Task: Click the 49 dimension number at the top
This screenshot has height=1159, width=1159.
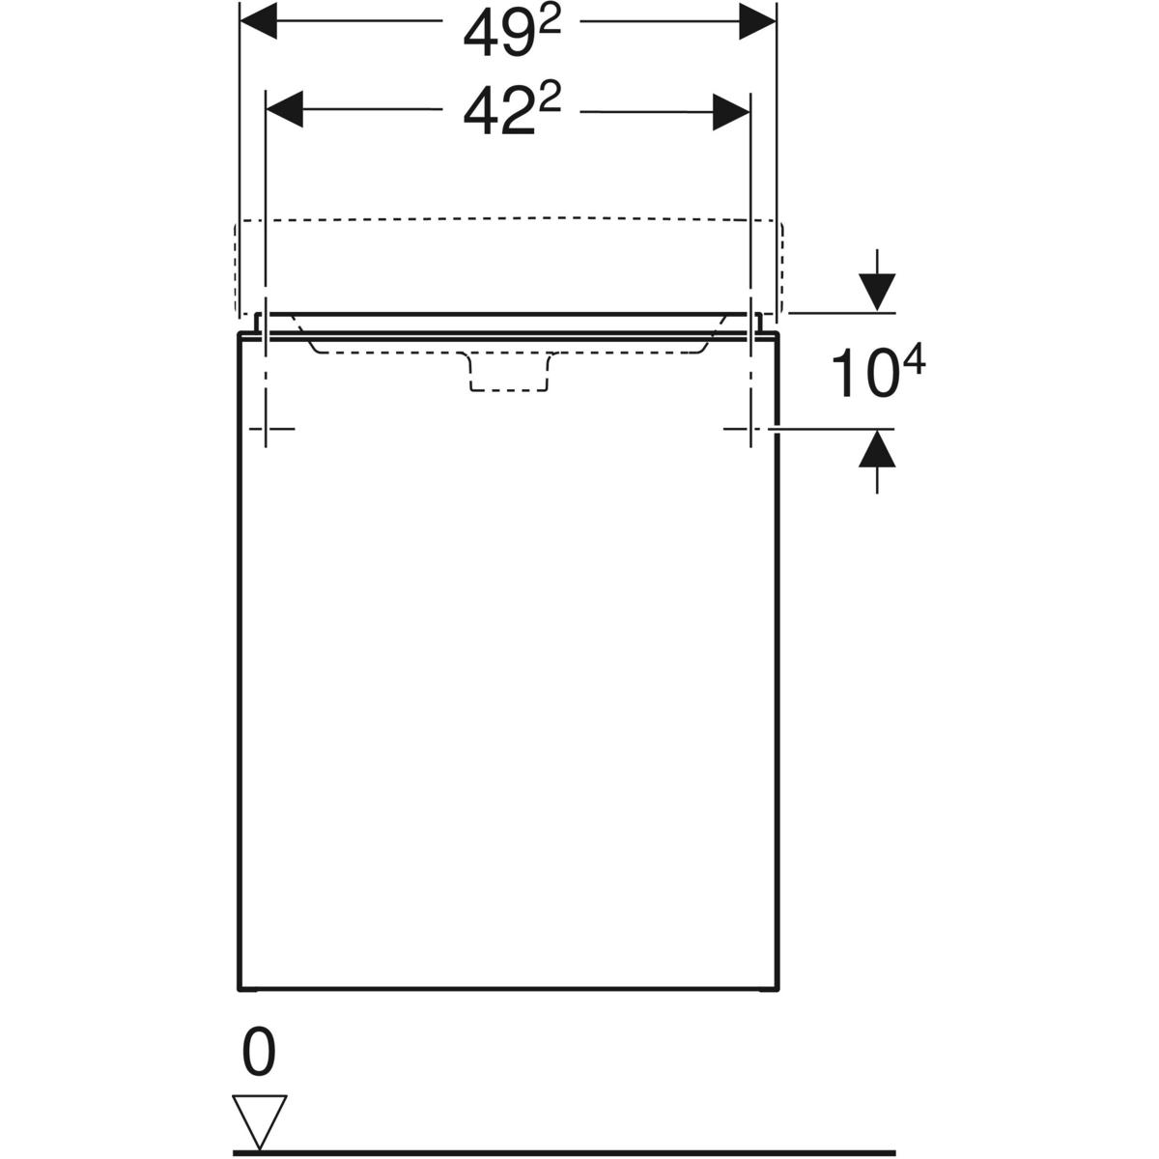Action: pyautogui.click(x=498, y=35)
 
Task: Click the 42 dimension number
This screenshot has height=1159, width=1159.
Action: pyautogui.click(x=498, y=112)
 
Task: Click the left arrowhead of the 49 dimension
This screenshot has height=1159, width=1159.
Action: pyautogui.click(x=259, y=20)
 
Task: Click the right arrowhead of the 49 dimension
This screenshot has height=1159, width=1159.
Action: pyautogui.click(x=757, y=20)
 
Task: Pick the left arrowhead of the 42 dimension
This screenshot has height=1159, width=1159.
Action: pyautogui.click(x=285, y=110)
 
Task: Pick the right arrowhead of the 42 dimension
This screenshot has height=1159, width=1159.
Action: pyautogui.click(x=731, y=112)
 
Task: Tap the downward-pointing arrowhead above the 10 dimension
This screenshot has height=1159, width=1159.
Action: pyautogui.click(x=877, y=293)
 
